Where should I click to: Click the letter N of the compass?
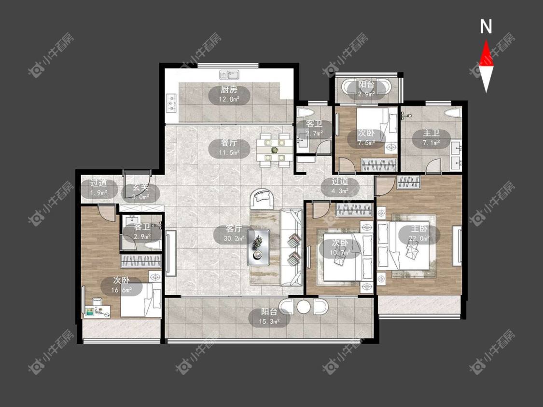pyautogui.click(x=486, y=27)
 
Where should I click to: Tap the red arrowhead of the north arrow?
pyautogui.click(x=486, y=53)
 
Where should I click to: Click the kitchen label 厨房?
pyautogui.click(x=229, y=90)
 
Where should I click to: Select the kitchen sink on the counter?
pyautogui.click(x=229, y=74)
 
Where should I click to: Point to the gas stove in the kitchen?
pyautogui.click(x=171, y=103)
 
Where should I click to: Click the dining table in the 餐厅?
pyautogui.click(x=275, y=150)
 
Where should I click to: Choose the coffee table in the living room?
pyautogui.click(x=259, y=247)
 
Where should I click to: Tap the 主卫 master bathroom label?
pyautogui.click(x=431, y=133)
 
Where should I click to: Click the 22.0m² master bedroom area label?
pyautogui.click(x=419, y=238)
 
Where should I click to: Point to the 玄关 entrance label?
pyautogui.click(x=140, y=188)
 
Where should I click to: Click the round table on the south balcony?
pyautogui.click(x=304, y=307)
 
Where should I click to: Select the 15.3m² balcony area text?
pyautogui.click(x=269, y=322)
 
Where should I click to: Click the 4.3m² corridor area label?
pyautogui.click(x=340, y=190)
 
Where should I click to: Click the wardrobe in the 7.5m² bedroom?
pyautogui.click(x=378, y=165)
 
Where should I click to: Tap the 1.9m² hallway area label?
pyautogui.click(x=98, y=193)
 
